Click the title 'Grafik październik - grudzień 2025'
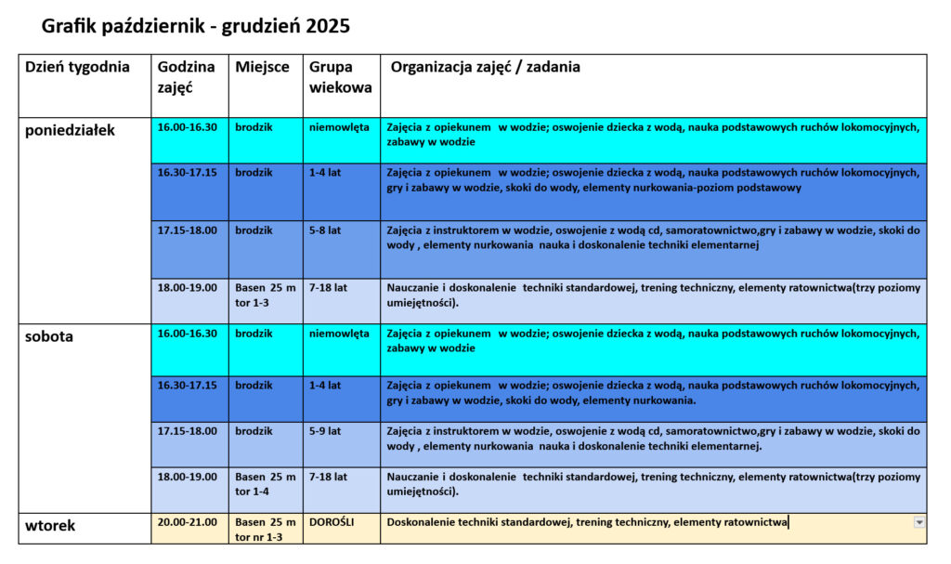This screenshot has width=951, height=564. pyautogui.click(x=196, y=26)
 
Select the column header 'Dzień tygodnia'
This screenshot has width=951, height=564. pyautogui.click(x=77, y=67)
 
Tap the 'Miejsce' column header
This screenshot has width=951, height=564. pyautogui.click(x=262, y=67)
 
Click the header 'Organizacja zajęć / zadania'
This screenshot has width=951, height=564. pyautogui.click(x=486, y=67)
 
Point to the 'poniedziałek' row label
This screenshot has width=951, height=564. pyautogui.click(x=70, y=130)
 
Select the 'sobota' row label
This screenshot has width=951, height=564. pyautogui.click(x=49, y=336)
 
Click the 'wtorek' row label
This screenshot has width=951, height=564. pyautogui.click(x=50, y=526)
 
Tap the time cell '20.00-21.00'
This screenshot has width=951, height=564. pyautogui.click(x=187, y=522)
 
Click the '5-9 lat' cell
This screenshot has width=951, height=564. pyautogui.click(x=325, y=431)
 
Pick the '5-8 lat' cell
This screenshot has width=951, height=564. pyautogui.click(x=325, y=230)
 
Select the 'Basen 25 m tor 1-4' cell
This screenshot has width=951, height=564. pyautogui.click(x=266, y=483)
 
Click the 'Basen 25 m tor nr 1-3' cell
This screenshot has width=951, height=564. pyautogui.click(x=266, y=529)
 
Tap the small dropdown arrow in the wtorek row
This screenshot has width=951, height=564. pyautogui.click(x=919, y=522)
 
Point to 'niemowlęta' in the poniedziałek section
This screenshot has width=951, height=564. pyautogui.click(x=339, y=126)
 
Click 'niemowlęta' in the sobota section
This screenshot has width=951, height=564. pyautogui.click(x=339, y=333)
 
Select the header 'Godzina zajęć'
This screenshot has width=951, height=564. pyautogui.click(x=186, y=76)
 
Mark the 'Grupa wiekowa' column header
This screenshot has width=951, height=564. pyautogui.click(x=341, y=76)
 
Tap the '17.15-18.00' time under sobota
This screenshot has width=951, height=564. pyautogui.click(x=187, y=431)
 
